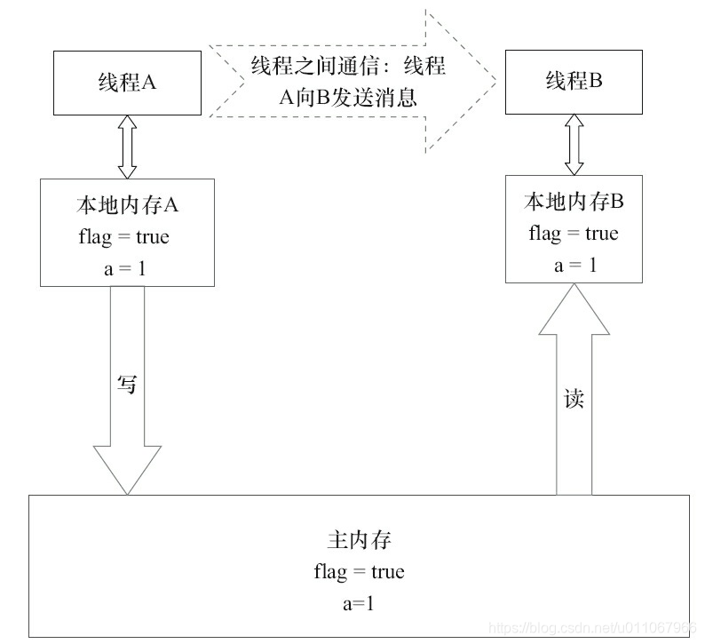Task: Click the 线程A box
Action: tap(126, 83)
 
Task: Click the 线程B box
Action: tap(574, 81)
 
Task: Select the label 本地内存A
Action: tap(127, 205)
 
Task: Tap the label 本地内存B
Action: tap(574, 203)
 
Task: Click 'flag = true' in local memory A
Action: tap(127, 237)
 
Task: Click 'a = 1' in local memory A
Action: tap(127, 268)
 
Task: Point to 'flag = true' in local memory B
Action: tap(574, 234)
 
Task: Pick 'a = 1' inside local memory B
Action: tap(574, 264)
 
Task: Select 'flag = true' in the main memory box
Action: tap(359, 571)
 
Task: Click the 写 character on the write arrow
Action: tap(128, 385)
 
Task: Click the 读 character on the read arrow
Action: tap(574, 399)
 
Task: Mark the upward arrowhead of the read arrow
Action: tap(574, 311)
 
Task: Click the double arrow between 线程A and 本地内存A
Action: tap(126, 147)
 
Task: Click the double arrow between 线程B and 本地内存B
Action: tap(574, 144)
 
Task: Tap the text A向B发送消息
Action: tap(347, 98)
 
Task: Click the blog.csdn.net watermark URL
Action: tap(595, 627)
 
